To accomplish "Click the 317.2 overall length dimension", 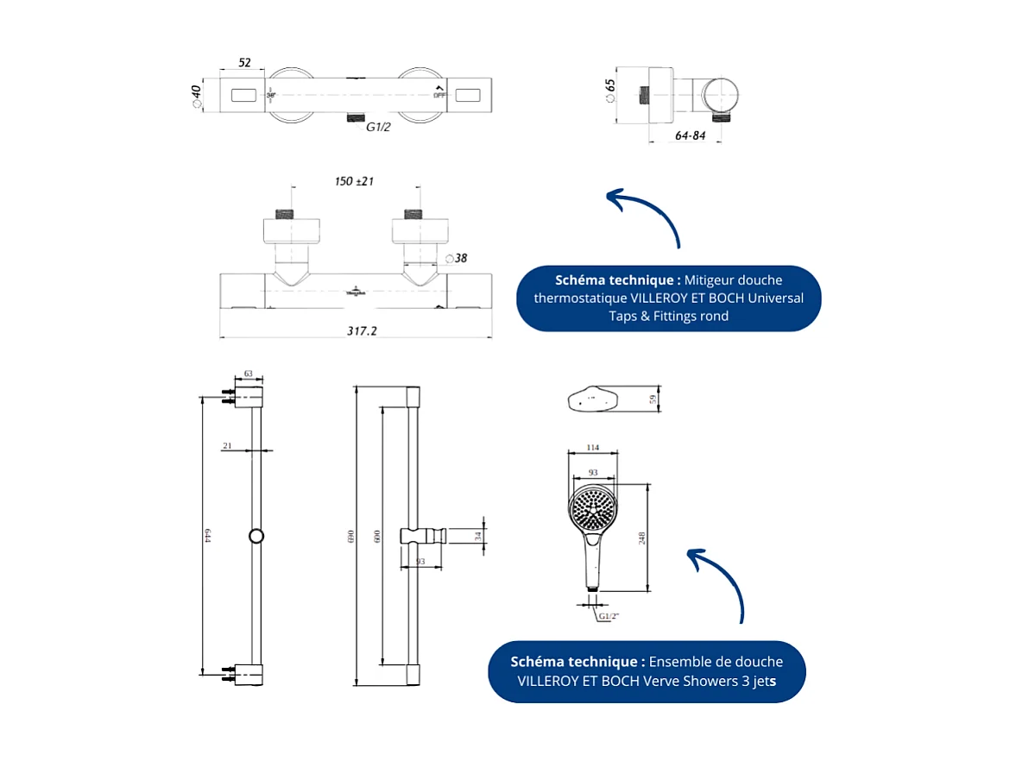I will click(362, 330).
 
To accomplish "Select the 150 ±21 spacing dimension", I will click(354, 181).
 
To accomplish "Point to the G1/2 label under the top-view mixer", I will click(379, 128).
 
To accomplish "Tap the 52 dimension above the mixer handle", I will click(244, 63).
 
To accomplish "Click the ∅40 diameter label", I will click(196, 95).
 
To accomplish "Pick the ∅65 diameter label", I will click(610, 90).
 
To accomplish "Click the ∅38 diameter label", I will click(457, 257).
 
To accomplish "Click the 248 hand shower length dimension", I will click(641, 538).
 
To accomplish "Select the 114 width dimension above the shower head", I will click(592, 447).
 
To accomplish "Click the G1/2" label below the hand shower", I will click(609, 616).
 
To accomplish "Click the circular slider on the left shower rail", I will click(256, 536).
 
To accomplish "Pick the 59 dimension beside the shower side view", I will click(653, 399).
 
